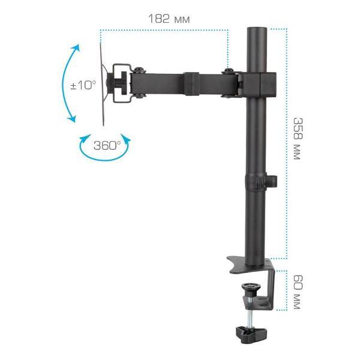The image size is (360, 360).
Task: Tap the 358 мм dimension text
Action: coord(297,138)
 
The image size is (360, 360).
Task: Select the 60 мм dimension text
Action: coord(297,292)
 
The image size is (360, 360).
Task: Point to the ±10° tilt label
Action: coord(83,85)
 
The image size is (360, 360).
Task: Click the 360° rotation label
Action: coord(107,145)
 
